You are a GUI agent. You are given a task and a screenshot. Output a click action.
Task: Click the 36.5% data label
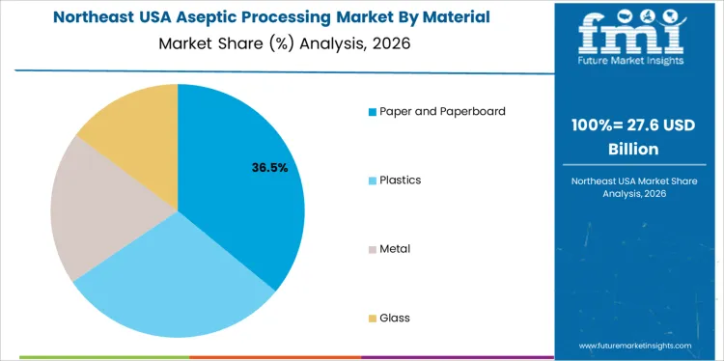click(269, 168)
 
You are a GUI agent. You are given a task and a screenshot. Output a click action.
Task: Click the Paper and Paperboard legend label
click(443, 111)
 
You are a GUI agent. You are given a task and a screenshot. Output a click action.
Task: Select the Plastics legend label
click(401, 180)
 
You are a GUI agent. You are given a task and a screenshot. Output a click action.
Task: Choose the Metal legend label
click(395, 248)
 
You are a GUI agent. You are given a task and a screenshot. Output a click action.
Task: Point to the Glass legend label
click(395, 318)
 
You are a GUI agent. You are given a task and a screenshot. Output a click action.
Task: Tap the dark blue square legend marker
click(373, 112)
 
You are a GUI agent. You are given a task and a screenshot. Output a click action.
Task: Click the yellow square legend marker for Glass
click(373, 319)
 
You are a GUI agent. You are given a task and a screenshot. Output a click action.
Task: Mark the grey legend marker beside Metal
click(373, 249)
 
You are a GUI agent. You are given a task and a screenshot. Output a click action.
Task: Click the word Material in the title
click(456, 17)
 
